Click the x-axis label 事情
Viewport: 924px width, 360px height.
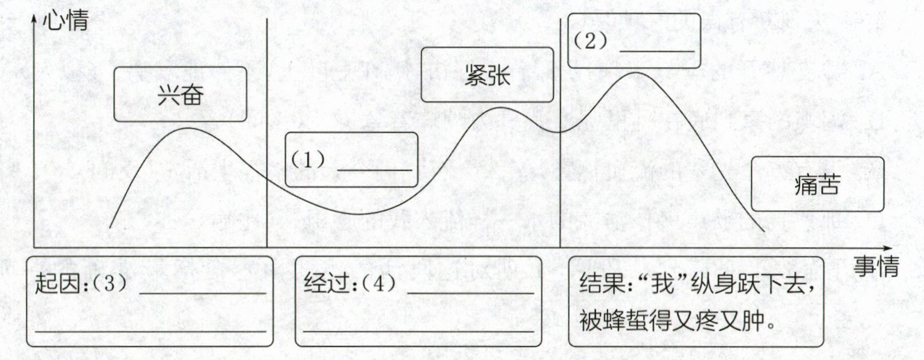(x=875, y=266)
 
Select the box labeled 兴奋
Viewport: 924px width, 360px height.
(x=180, y=95)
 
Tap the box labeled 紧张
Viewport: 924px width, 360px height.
(x=487, y=75)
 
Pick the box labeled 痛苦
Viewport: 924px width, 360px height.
(x=817, y=184)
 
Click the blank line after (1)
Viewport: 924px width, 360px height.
(x=374, y=169)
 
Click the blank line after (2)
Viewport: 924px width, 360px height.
(x=657, y=50)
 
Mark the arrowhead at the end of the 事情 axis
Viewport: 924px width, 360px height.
(x=888, y=247)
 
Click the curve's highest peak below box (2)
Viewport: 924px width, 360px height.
(x=635, y=73)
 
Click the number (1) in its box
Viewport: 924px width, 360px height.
(x=308, y=160)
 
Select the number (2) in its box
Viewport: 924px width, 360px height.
(x=590, y=41)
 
